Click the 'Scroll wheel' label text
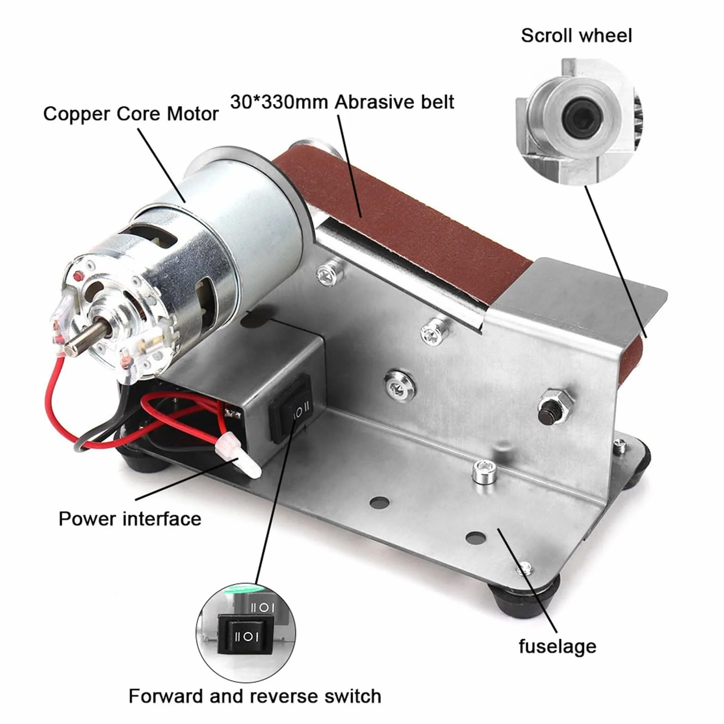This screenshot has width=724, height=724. click(576, 36)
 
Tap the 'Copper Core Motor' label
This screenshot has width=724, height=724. click(131, 114)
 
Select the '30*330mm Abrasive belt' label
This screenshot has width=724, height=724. click(342, 102)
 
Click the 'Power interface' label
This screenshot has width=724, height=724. click(130, 519)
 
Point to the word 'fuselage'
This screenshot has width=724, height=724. click(557, 646)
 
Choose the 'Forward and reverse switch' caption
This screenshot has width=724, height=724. click(255, 696)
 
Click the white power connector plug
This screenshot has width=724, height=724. click(240, 456)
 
